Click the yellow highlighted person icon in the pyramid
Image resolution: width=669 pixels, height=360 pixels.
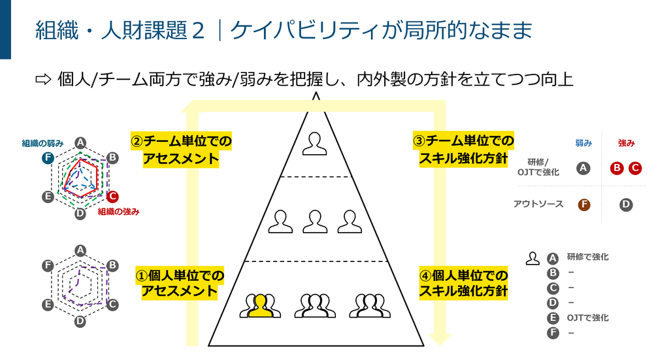[x=260, y=306]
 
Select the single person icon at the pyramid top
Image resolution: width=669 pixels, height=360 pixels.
[x=315, y=144]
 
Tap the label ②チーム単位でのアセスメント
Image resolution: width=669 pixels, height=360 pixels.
[x=181, y=150]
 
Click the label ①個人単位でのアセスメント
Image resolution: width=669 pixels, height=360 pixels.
[x=180, y=283]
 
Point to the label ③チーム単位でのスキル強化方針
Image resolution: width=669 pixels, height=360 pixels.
[x=463, y=149]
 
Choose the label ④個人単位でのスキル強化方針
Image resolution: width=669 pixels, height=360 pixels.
[x=463, y=283]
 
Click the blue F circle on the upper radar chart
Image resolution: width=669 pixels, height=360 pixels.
[x=48, y=158]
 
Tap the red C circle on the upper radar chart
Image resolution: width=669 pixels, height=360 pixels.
[x=112, y=197]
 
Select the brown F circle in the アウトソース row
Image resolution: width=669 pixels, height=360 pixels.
[x=583, y=205]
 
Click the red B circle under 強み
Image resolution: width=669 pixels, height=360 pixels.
[x=617, y=168]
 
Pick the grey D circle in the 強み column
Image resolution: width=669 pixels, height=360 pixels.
[x=626, y=205]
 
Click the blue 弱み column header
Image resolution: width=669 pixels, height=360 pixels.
[x=583, y=143]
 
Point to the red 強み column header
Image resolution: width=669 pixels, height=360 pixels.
[x=627, y=143]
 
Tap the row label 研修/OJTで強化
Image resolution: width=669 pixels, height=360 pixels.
[x=538, y=167]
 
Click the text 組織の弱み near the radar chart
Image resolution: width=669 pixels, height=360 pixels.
[x=42, y=143]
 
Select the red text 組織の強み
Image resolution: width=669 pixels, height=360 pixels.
[x=119, y=212]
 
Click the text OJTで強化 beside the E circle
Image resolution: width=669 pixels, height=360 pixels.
[x=587, y=318]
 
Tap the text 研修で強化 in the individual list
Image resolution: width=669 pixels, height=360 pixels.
[x=587, y=257]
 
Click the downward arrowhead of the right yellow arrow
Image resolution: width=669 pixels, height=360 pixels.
[x=440, y=340]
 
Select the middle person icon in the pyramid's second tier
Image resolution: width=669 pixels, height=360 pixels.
[x=315, y=221]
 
